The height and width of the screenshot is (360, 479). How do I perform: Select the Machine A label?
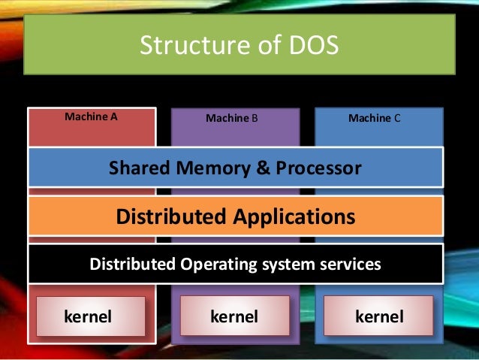[92, 117]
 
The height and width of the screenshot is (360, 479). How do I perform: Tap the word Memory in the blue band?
[215, 168]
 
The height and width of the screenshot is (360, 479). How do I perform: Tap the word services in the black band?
[349, 265]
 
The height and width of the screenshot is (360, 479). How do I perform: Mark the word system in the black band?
[288, 265]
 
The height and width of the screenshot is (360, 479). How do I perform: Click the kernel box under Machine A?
[90, 316]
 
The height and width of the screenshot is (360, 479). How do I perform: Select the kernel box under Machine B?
[234, 316]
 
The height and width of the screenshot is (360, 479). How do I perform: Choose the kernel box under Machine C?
[378, 316]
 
